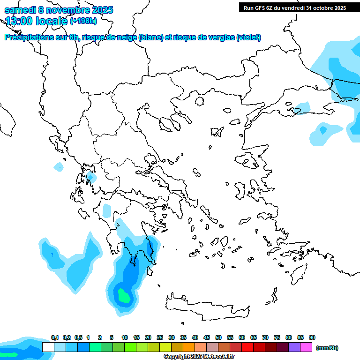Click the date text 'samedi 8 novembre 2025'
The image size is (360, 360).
coord(59,10)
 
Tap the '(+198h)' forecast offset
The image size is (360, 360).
coord(83,21)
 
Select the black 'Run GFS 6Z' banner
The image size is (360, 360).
coord(295,7)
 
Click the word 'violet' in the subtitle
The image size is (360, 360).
coord(248,37)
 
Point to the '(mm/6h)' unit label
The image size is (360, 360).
coord(327,348)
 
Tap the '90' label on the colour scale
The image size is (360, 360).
coord(312,337)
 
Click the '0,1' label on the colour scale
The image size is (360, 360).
coord(54,337)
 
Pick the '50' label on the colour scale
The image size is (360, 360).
coord(218,337)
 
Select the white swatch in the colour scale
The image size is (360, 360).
coord(48,347)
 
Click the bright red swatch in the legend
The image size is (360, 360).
coord(247,347)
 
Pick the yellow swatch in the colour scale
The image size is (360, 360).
coord(165,347)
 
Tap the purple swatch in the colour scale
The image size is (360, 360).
coord(294,347)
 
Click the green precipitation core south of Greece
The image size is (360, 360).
coord(124,296)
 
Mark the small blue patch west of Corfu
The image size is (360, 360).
coord(59,166)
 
